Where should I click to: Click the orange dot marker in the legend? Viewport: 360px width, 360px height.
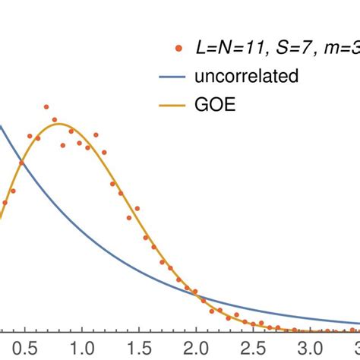click(178, 50)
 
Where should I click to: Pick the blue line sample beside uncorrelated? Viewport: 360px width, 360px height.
click(177, 77)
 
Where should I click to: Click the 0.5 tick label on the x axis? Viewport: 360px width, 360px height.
click(23, 347)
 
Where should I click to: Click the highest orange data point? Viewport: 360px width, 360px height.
click(46, 107)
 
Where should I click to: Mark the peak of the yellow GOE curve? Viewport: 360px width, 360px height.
click(62, 124)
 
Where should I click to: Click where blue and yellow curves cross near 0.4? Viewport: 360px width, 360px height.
click(22, 163)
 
